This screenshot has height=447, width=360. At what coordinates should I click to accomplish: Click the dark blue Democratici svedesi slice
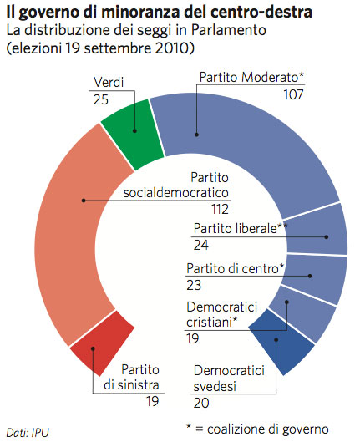pos(280,343)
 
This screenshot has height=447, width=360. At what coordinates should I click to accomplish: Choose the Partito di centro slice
pos(323,277)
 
